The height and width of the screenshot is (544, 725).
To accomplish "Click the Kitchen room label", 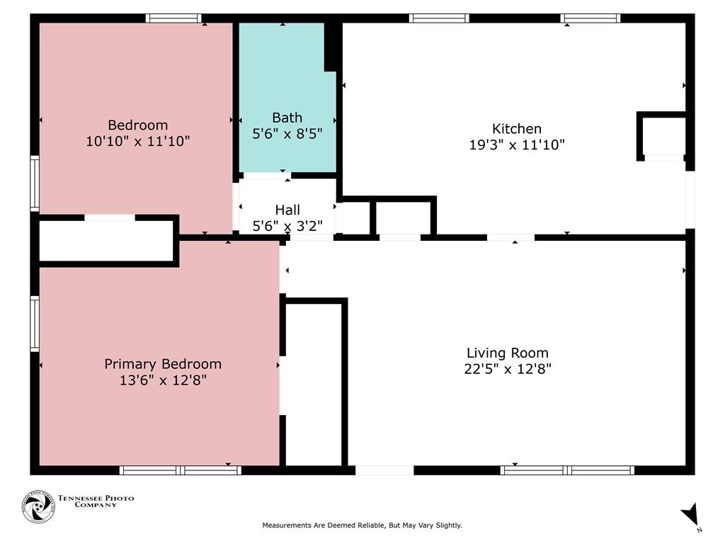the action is pos(516,129).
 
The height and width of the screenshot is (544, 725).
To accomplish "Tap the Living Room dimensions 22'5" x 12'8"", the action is pos(508,369).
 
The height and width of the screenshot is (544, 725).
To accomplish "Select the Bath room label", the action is pos(287,118).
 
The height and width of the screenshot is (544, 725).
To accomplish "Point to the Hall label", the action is pos(287,210).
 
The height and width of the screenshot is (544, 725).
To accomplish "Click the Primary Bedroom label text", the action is pos(163,365).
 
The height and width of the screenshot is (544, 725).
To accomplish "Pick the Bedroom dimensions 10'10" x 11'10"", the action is pos(138,141).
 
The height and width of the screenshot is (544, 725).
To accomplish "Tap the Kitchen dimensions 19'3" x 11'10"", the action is pos(517,144).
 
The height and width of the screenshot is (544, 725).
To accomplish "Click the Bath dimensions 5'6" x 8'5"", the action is pos(287,134).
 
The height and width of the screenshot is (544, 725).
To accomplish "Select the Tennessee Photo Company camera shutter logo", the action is pos(38,506).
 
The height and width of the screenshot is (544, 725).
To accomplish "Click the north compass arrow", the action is pos(691,514).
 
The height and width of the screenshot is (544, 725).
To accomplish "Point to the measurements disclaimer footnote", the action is pos(362,526).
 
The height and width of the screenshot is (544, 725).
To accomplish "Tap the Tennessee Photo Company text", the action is pos(96,501).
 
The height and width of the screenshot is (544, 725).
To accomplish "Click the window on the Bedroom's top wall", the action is pos(173,18).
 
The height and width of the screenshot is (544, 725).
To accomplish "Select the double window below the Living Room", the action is pos(567,470).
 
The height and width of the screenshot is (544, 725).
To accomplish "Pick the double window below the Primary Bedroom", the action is pos(181,470).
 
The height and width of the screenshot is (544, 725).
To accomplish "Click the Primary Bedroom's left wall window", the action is pos(35,323).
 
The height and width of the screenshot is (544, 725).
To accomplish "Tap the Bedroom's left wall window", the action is pos(35,183).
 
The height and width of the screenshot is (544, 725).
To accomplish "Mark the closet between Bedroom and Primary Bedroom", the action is pos(106,241).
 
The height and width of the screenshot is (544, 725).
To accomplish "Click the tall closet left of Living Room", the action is pos(314,385).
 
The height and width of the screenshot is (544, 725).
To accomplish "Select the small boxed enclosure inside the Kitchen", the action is pos(663,137).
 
